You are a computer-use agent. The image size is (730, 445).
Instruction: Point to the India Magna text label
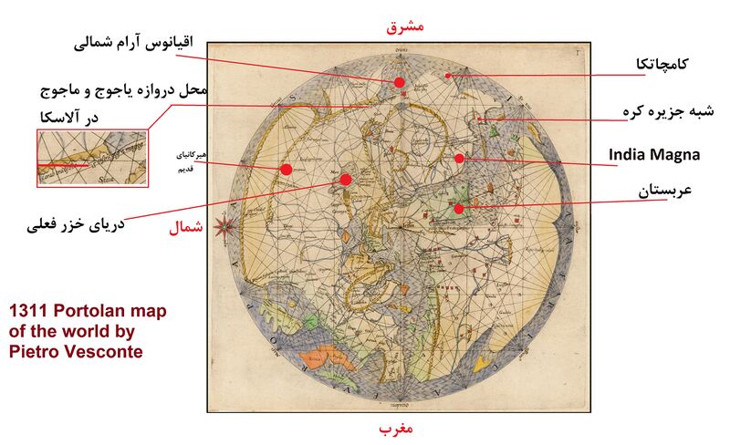(x=654, y=155)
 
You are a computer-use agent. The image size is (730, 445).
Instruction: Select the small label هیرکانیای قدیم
(x=197, y=162)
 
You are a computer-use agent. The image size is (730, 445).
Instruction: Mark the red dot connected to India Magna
(x=460, y=158)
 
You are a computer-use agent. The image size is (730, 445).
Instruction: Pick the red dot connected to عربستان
(x=460, y=209)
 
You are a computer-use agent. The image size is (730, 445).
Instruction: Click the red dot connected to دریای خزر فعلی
(x=345, y=180)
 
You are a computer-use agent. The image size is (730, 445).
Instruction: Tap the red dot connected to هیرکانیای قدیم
(x=286, y=169)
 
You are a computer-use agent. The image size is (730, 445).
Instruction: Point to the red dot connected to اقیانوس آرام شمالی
(x=399, y=83)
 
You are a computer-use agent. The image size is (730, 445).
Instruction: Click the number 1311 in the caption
(x=27, y=311)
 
